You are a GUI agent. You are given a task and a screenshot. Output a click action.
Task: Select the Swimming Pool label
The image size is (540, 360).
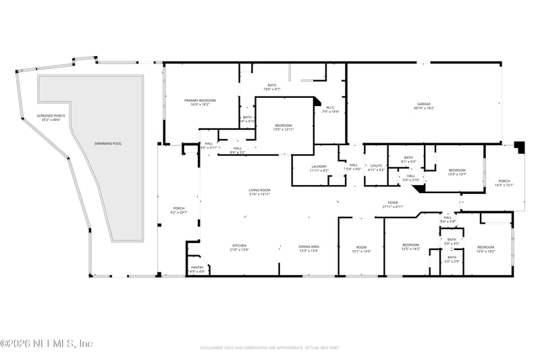(x=108, y=144)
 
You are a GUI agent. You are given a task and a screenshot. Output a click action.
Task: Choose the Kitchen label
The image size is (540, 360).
(x=240, y=247)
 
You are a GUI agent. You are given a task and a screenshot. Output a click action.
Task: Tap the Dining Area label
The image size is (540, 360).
(x=309, y=247)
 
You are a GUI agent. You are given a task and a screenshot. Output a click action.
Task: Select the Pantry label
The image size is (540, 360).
(x=197, y=269)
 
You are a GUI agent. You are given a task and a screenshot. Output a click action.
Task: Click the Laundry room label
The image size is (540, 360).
(x=319, y=168)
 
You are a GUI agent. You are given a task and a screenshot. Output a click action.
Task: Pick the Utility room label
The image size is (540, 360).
(x=377, y=168)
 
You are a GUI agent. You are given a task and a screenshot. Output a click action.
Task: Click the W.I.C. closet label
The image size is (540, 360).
(x=331, y=109)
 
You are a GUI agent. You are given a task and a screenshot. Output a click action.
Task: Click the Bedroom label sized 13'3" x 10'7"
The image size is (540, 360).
(x=458, y=172)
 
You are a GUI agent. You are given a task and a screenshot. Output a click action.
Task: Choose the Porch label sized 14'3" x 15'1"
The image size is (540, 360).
(x=504, y=182)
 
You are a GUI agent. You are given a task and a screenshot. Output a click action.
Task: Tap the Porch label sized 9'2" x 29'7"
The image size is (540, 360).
(x=179, y=210)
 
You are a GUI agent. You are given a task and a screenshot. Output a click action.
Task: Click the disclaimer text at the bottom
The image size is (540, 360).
(x=270, y=348)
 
